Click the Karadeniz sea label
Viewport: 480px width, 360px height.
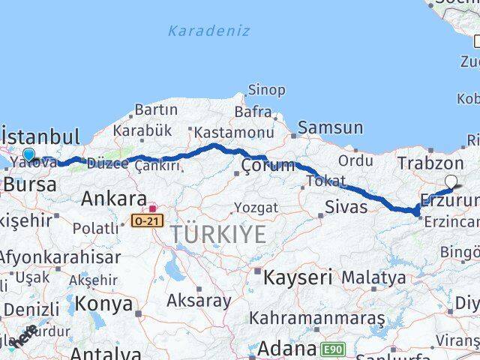pos(209,31)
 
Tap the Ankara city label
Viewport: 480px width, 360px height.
pos(113,199)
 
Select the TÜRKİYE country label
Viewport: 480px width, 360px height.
pos(218,235)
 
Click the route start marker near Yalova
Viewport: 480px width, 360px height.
pos(28,154)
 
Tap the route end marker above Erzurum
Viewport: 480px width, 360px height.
pos(451,181)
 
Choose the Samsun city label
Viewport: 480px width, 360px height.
pos(330,128)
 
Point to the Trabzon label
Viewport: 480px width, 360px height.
pos(430,163)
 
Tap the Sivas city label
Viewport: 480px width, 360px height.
pos(346,206)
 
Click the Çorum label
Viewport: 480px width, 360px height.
pos(268,166)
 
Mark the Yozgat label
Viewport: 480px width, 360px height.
pos(256,207)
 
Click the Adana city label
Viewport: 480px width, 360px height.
pos(288,349)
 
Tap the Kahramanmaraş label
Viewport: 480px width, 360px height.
pos(317,317)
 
